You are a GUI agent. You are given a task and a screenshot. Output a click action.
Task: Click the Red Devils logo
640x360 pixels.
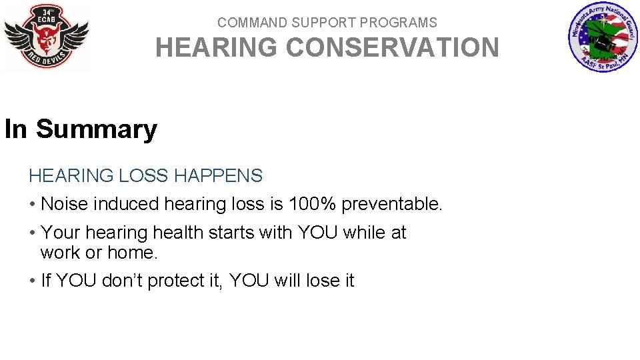pos(46,36)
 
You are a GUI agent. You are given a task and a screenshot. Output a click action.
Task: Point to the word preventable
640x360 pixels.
pos(391,204)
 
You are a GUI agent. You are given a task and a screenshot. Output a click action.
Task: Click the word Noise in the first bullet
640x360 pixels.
pos(62,204)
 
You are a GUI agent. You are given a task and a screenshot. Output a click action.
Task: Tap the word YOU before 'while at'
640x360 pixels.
pos(317,233)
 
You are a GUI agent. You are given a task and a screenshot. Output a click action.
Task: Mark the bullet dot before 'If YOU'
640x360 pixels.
pos(32,281)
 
